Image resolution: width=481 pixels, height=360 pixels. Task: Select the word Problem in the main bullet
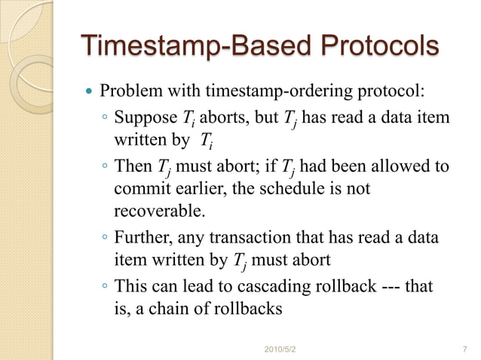(129, 93)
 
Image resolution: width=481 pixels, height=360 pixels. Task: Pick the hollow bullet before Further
(105, 239)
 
